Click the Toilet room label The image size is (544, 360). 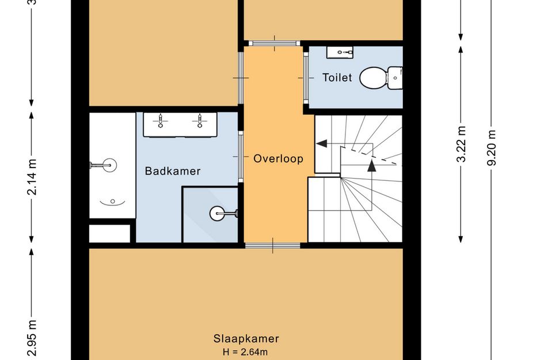coord(337,77)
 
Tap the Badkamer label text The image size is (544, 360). coord(173,171)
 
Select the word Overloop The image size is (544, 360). coord(278,158)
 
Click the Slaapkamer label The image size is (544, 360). coord(246,339)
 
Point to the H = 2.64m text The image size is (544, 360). coord(245,352)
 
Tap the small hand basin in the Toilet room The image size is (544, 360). coord(340,52)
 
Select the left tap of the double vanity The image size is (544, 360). coord(160,121)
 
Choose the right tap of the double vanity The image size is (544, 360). coord(200,121)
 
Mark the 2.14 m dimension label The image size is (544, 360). coord(32,177)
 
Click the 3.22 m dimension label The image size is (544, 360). coord(461,144)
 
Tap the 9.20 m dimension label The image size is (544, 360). coord(491,147)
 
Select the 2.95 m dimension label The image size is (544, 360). coord(32,338)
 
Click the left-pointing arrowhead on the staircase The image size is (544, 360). coord(322,143)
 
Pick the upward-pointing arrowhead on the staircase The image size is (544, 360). coord(371,165)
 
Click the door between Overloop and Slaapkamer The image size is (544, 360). coord(273,245)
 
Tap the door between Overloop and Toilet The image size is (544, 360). coord(306,78)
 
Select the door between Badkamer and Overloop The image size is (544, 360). coord(241,157)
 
